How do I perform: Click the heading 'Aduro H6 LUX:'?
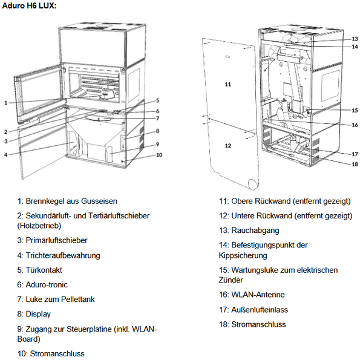pyautogui.click(x=29, y=5)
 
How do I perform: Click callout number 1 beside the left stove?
pyautogui.click(x=6, y=103)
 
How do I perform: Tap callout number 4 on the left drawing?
pyautogui.click(x=6, y=155)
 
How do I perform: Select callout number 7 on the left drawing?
pyautogui.click(x=158, y=119)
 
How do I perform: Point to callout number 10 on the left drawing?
pyautogui.click(x=159, y=155)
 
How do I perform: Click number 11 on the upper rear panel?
pyautogui.click(x=228, y=85)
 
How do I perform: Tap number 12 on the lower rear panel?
pyautogui.click(x=228, y=146)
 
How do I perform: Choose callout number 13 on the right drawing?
pyautogui.click(x=355, y=39)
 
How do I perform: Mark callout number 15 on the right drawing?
pyautogui.click(x=355, y=111)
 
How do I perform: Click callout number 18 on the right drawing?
pyautogui.click(x=355, y=165)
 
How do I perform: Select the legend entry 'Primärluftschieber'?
pyautogui.click(x=56, y=240)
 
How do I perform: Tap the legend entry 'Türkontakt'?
pyautogui.click(x=44, y=270)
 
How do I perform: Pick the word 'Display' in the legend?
pyautogui.click(x=38, y=314)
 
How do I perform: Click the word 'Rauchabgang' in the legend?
pyautogui.click(x=255, y=231)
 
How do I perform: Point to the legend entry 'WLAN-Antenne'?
pyautogui.click(x=258, y=295)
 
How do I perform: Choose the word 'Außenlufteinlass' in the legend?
pyautogui.click(x=260, y=310)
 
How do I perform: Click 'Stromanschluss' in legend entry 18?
pyautogui.click(x=258, y=324)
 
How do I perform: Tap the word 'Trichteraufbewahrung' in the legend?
pyautogui.click(x=63, y=255)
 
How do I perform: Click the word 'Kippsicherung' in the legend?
pyautogui.click(x=243, y=255)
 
